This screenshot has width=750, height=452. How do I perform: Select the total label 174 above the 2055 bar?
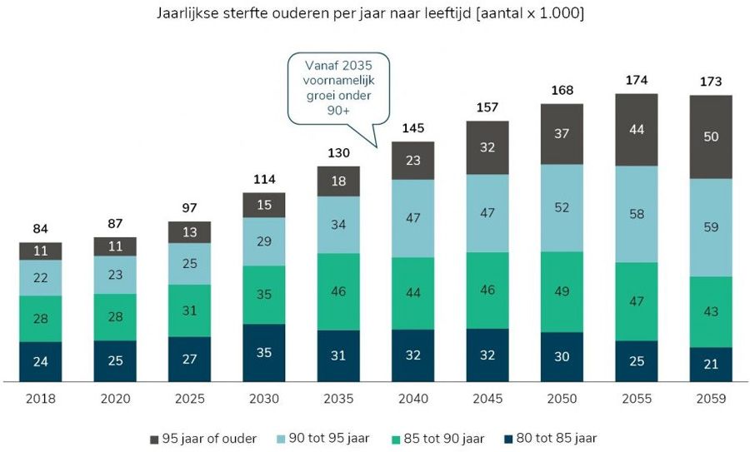click(x=636, y=81)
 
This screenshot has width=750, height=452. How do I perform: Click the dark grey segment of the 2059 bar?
click(x=711, y=137)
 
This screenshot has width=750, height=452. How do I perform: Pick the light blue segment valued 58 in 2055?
click(x=636, y=214)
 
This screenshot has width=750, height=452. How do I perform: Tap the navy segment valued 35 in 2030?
click(x=263, y=352)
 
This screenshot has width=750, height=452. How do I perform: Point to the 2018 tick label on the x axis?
click(x=40, y=399)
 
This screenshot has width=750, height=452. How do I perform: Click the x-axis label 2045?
click(x=487, y=399)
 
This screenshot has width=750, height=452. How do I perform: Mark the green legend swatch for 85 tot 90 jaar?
click(x=396, y=438)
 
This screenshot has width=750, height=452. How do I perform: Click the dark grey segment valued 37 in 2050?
click(x=562, y=134)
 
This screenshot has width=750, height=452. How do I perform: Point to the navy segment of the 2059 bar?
click(x=711, y=364)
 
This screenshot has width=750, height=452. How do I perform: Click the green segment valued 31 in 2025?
click(x=189, y=310)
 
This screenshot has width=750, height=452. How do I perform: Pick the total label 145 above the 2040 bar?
click(x=412, y=129)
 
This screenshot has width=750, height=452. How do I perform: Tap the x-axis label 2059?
click(x=711, y=399)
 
